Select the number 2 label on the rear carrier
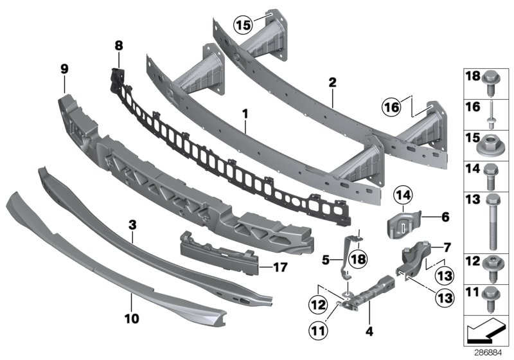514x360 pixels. tap(332, 82)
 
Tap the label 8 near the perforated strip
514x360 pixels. tap(118, 46)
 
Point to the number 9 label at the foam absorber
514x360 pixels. tap(64, 67)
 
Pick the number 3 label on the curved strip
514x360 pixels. tap(132, 224)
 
